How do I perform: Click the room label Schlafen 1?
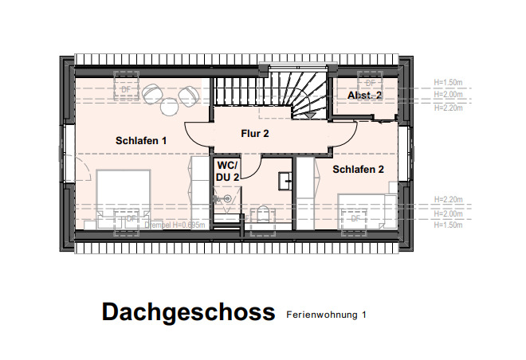[141, 141]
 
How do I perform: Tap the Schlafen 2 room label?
[359, 169]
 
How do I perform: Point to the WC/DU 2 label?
[228, 170]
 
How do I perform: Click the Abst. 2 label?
[364, 96]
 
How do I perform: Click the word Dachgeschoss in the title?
[188, 312]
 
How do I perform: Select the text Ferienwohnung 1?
[326, 315]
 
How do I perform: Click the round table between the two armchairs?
[171, 105]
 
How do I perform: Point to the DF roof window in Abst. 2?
[369, 83]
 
